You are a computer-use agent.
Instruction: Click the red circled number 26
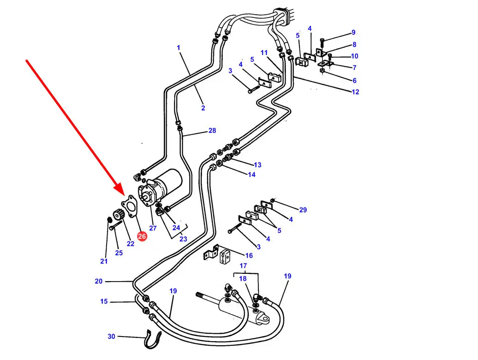click(x=142, y=236)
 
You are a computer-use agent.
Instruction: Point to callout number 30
click(x=111, y=336)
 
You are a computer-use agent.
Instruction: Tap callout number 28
click(x=212, y=131)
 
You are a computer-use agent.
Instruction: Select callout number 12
click(x=355, y=92)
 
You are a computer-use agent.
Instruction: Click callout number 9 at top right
click(x=353, y=32)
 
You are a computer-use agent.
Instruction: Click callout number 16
click(x=249, y=255)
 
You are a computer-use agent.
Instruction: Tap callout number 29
click(x=303, y=210)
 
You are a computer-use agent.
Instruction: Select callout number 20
click(x=99, y=281)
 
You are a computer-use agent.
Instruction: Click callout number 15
click(x=104, y=301)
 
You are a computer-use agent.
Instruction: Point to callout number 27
click(x=153, y=228)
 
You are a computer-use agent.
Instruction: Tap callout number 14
click(x=251, y=175)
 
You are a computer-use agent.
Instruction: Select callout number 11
click(x=264, y=53)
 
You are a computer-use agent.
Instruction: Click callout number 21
click(x=104, y=261)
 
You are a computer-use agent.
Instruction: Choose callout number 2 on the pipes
click(x=203, y=108)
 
